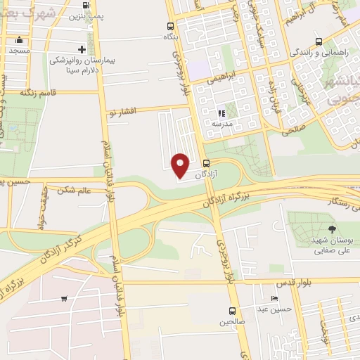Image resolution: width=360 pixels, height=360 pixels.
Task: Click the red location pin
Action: coord(181,165)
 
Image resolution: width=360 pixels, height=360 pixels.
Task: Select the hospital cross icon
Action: coord(83,49)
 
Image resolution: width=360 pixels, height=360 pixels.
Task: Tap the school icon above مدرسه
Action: coord(221,112)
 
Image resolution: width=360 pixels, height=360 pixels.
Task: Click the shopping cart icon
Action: coord(64,298)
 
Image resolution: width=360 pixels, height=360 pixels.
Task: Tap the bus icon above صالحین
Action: coord(231,310)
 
